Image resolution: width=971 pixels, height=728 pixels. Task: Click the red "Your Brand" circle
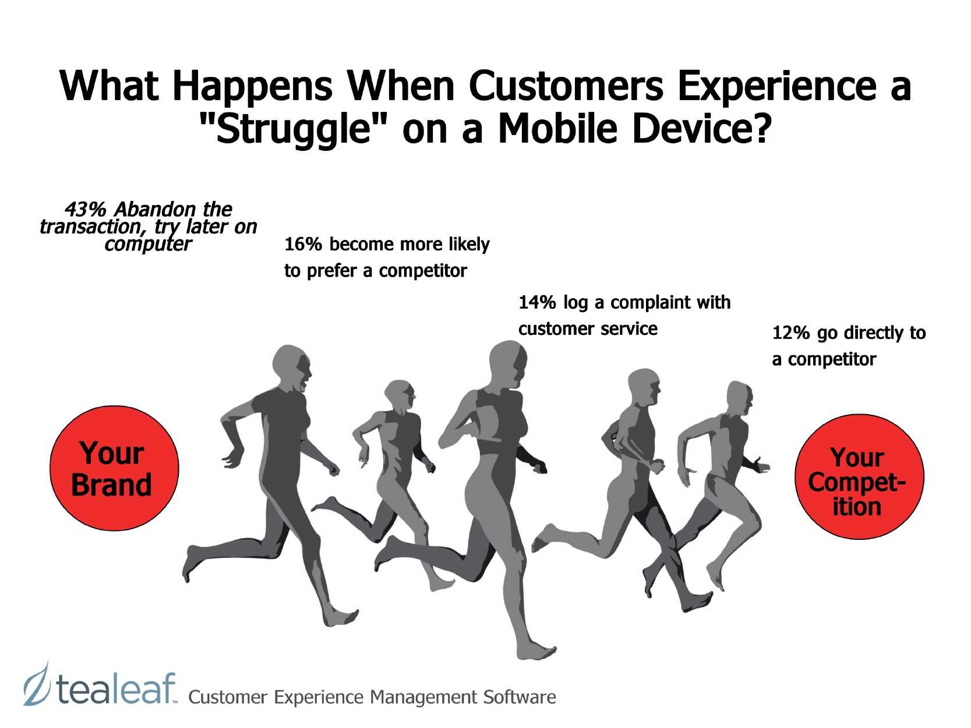114,468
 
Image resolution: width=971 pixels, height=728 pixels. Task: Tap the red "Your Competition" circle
859,476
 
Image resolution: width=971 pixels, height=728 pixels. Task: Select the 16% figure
303,244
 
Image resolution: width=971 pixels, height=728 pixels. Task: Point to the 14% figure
537,302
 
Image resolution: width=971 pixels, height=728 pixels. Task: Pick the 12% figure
791,333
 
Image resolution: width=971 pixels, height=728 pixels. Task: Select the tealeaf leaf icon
36,683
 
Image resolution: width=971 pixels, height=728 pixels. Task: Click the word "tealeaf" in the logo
116,688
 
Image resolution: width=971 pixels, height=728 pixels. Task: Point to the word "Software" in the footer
520,697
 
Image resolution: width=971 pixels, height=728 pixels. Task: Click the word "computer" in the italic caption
148,245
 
